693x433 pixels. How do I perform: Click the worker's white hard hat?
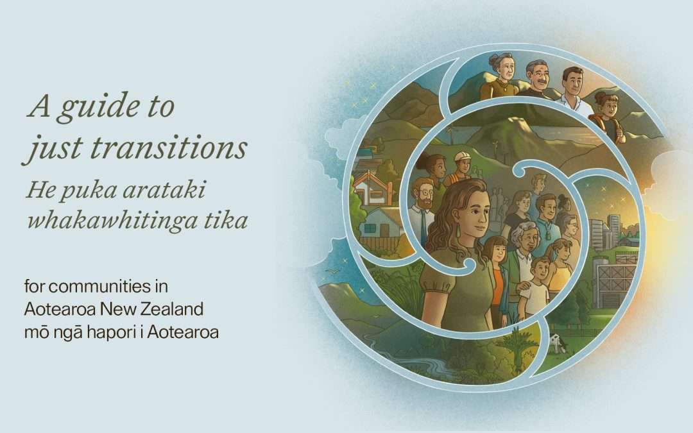pos(462,157)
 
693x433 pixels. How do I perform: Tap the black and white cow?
pos(556,343)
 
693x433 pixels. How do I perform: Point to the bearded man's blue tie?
pos(424,228)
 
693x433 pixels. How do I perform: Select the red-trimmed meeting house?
pos(373,188)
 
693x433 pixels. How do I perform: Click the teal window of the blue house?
pos(370,228)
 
